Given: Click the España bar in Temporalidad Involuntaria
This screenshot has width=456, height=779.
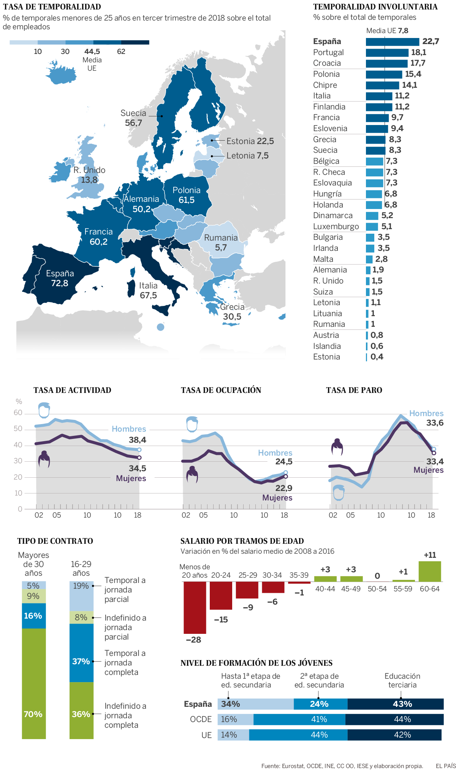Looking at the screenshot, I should [392, 42].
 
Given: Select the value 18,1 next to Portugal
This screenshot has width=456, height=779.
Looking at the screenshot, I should [418, 52].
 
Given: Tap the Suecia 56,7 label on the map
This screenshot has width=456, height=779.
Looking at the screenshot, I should [133, 118].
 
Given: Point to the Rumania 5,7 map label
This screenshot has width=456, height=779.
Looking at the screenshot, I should [221, 242].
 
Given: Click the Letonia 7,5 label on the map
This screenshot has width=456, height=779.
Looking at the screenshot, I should [247, 155].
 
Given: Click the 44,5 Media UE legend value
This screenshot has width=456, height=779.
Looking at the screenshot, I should [92, 52].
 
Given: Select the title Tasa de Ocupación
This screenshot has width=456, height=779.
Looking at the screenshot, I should [221, 390].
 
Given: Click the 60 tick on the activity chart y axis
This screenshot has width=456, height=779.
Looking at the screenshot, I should [18, 413].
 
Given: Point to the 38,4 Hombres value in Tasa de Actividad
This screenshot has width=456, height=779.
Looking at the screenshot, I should [137, 440].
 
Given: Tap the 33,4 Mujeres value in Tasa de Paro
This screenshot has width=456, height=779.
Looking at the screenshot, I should [435, 462].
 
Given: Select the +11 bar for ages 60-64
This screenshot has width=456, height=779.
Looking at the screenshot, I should [430, 571].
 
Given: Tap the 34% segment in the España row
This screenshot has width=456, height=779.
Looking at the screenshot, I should [255, 704].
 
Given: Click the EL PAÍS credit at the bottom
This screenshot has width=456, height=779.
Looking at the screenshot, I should [445, 766].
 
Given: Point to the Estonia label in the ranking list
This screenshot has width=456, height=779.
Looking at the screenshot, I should [326, 357].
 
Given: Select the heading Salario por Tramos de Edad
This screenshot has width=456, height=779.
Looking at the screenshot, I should [242, 541].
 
